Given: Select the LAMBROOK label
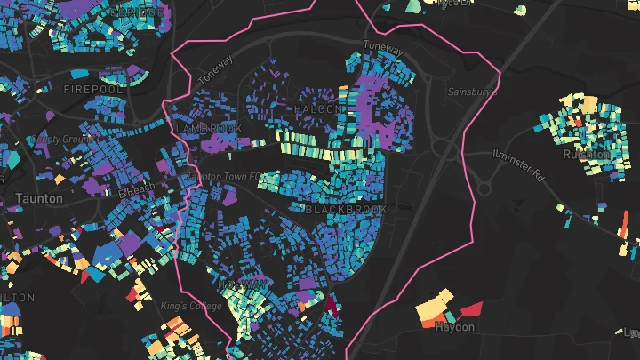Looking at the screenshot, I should pyautogui.click(x=209, y=128).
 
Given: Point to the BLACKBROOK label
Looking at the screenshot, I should pyautogui.click(x=346, y=209).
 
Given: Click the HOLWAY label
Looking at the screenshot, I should pyautogui.click(x=241, y=284).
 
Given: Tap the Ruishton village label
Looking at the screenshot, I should pyautogui.click(x=587, y=154).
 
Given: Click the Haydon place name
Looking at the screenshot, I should pyautogui.click(x=455, y=327).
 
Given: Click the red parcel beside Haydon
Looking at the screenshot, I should pyautogui.click(x=471, y=309).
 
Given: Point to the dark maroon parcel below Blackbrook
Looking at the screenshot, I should pyautogui.click(x=332, y=305).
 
